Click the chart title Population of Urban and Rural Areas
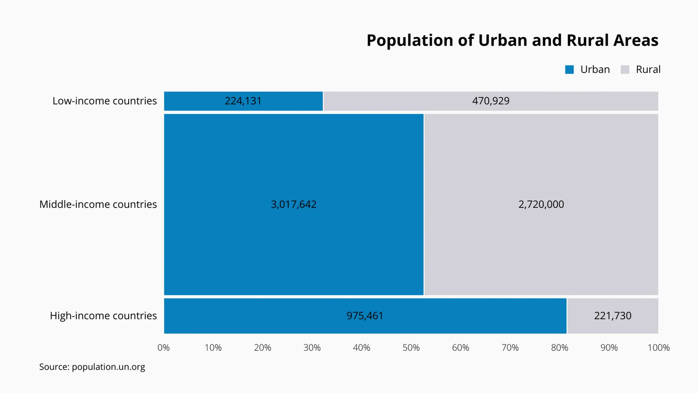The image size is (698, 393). tap(512, 40)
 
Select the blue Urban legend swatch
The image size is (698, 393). tap(569, 69)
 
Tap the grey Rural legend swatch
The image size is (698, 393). tap(625, 69)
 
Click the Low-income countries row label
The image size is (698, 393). tap(104, 101)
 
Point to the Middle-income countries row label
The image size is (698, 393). tap(98, 204)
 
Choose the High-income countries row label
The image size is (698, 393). tap(103, 316)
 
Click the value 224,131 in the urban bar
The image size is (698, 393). tap(243, 101)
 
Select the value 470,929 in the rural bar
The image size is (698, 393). tap(491, 101)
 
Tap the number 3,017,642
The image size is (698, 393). tap(294, 204)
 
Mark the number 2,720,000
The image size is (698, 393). tap(541, 204)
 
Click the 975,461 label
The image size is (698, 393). tap(365, 316)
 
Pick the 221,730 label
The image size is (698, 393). tap(613, 316)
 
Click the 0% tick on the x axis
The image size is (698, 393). tap(164, 347)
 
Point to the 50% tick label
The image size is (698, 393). tap(411, 347)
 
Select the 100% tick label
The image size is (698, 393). tap(658, 347)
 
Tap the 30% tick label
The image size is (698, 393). tap(312, 347)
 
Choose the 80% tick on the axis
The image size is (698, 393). tap(560, 347)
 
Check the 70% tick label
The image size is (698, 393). tap(510, 347)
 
